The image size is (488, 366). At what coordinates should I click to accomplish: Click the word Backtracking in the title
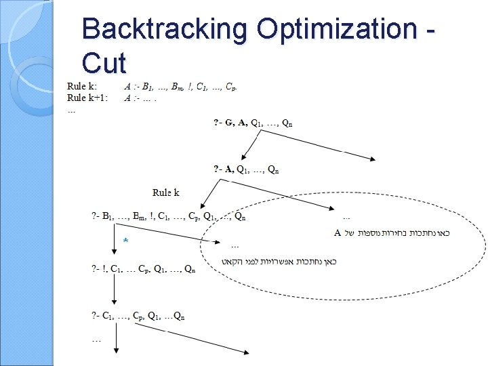click(x=165, y=29)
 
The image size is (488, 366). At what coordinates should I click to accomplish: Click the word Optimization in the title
click(x=337, y=29)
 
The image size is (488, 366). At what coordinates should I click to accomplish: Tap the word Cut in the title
click(x=104, y=63)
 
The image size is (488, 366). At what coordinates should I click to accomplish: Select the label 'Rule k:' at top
click(x=82, y=86)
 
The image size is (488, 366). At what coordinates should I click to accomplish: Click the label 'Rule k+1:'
click(x=87, y=97)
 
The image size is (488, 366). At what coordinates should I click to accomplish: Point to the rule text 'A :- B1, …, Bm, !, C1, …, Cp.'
click(x=180, y=86)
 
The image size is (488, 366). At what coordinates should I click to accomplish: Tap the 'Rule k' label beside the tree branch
click(x=165, y=192)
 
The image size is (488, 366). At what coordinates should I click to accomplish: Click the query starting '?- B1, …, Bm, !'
click(x=168, y=217)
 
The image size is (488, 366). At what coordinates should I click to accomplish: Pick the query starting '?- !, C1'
click(x=144, y=269)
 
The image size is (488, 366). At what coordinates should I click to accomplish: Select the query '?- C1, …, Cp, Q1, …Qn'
click(x=138, y=315)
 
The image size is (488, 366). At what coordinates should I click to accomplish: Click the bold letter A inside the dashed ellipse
click(x=338, y=233)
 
